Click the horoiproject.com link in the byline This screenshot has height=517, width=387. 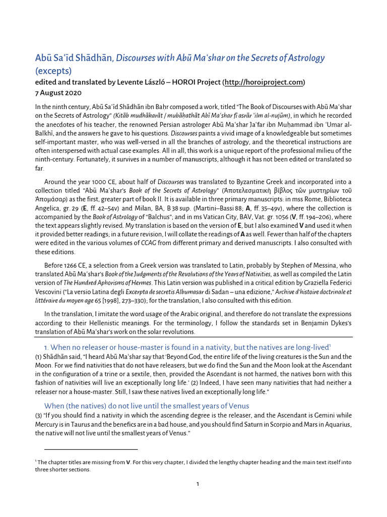tap(264, 82)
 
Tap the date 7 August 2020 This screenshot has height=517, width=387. tap(58, 93)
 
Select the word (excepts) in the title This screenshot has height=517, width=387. tap(53, 71)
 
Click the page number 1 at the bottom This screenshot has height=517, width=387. tap(198, 484)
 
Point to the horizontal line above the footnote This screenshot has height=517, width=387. tap(91, 449)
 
